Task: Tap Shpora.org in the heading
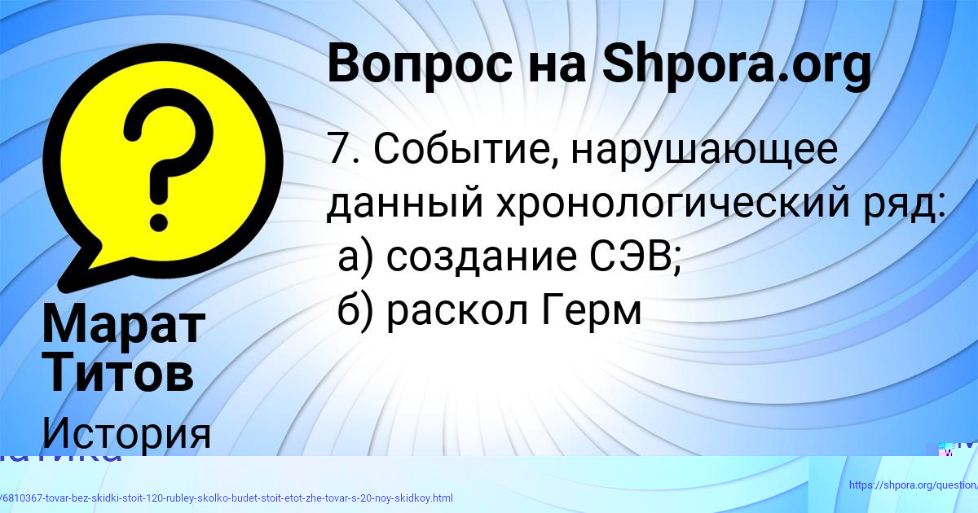click(x=736, y=65)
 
